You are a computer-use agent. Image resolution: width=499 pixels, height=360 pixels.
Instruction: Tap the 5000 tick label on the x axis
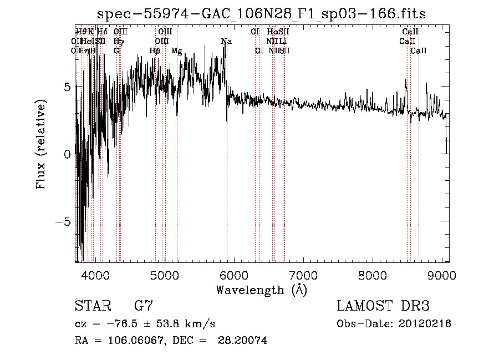tap(164, 275)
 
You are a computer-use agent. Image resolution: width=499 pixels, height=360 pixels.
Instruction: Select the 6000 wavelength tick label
tap(233, 275)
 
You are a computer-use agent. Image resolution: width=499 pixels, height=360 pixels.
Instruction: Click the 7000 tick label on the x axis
tap(303, 275)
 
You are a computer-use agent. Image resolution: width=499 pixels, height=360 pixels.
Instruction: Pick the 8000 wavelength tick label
tap(372, 275)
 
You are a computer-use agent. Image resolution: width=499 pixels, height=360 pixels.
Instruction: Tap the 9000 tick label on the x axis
tap(441, 275)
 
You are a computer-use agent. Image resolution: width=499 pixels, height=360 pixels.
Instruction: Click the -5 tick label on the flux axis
tap(64, 221)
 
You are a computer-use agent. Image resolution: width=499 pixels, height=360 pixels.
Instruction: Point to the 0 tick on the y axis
tap(67, 154)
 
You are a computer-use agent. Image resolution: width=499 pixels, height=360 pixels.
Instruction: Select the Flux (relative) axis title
tap(41, 145)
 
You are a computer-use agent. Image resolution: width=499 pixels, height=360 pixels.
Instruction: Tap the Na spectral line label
tap(226, 42)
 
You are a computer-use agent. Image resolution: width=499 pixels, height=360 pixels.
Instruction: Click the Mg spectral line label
tap(176, 51)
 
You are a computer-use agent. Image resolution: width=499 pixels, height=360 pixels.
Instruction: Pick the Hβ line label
tap(155, 51)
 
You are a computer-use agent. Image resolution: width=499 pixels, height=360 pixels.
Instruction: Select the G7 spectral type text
tap(144, 306)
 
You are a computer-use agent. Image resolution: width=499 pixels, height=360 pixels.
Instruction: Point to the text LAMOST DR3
tap(383, 306)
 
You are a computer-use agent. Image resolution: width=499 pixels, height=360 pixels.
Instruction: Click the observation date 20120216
tap(425, 324)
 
